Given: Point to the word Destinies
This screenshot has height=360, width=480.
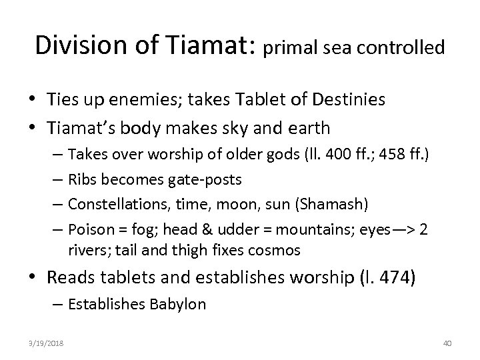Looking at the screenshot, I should coord(347,100).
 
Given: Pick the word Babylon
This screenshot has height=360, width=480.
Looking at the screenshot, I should coord(179,305).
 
